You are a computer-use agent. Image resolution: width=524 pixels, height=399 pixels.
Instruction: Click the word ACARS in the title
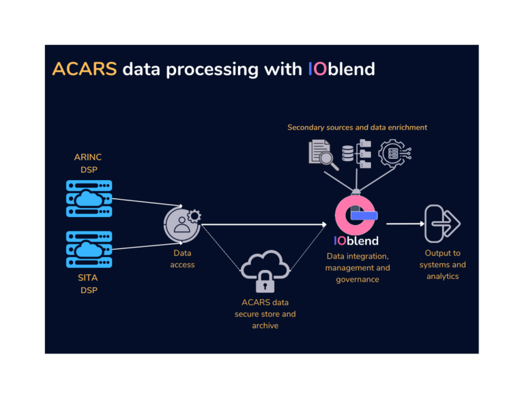click(x=85, y=69)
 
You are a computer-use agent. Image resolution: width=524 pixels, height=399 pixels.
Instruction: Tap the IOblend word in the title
click(x=341, y=69)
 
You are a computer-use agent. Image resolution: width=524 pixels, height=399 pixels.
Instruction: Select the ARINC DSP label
click(x=88, y=163)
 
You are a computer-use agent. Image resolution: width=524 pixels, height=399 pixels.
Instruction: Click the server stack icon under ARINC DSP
click(x=88, y=198)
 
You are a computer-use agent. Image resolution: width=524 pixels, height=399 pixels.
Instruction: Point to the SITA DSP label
click(x=88, y=284)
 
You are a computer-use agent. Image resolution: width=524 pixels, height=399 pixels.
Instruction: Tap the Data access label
click(x=182, y=258)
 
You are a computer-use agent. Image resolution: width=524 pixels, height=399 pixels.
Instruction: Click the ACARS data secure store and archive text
click(x=265, y=314)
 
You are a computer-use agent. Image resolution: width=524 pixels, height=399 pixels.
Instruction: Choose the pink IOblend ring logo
click(x=355, y=213)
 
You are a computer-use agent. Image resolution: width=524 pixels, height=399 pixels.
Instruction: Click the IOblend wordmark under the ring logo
click(x=356, y=241)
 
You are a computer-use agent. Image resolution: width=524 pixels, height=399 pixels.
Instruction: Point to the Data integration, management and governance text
click(x=358, y=267)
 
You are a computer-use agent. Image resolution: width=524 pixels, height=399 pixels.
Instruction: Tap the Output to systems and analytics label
click(x=442, y=265)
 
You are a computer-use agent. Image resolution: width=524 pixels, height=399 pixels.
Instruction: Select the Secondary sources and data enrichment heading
click(x=357, y=128)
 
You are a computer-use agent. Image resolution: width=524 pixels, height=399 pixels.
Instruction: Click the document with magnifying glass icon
click(x=324, y=154)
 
